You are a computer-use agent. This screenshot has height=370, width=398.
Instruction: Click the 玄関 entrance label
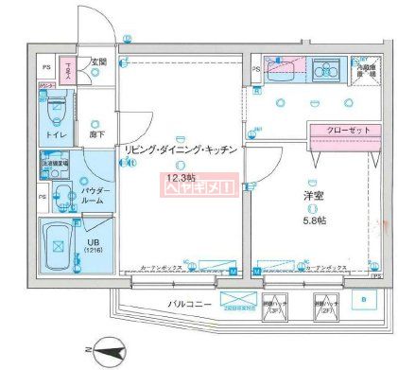pyautogui.click(x=98, y=62)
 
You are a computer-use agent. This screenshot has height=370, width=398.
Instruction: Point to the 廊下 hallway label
pyautogui.click(x=97, y=135)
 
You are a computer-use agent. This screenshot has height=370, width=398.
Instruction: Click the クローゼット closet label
pyautogui.click(x=338, y=132)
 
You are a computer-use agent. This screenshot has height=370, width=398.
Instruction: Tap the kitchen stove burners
pyautogui.click(x=283, y=68)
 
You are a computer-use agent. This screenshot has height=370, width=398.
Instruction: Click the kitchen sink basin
pyautogui.click(x=325, y=69)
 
